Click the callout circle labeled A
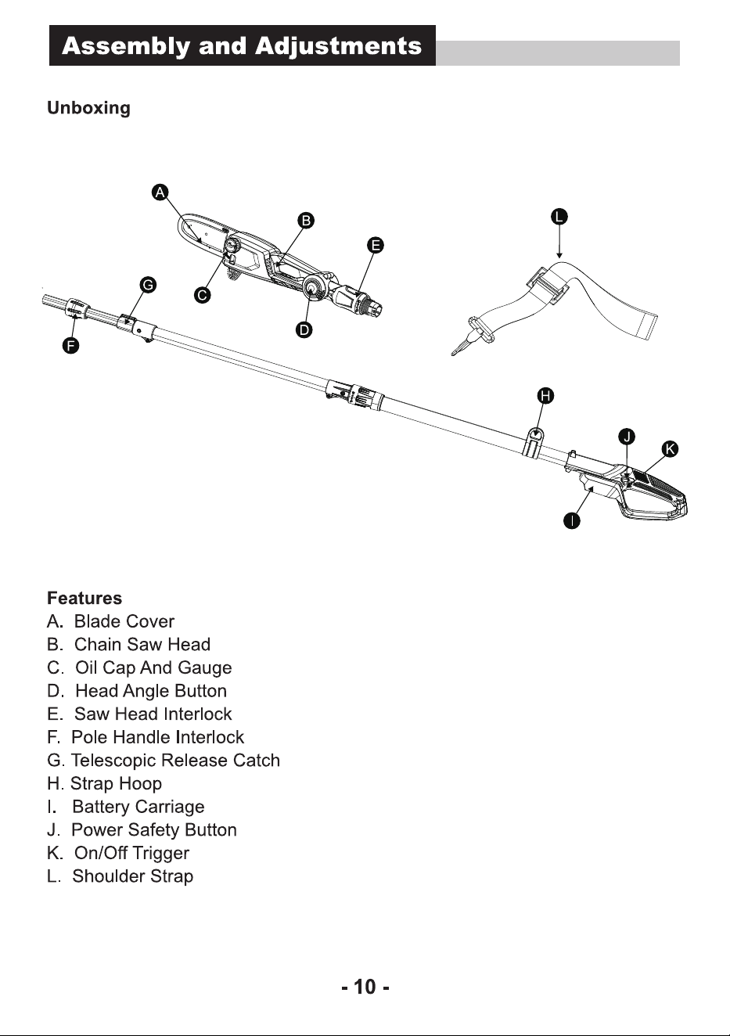(x=160, y=192)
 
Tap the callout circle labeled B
(x=306, y=220)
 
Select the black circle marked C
(x=202, y=295)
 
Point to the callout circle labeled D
(x=304, y=329)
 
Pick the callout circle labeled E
(x=376, y=245)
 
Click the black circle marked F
(x=70, y=346)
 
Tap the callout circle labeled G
(x=148, y=285)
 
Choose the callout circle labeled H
(x=546, y=396)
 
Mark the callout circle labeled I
(x=572, y=521)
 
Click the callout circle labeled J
(x=627, y=437)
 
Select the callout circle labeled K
(x=670, y=448)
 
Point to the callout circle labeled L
(x=559, y=217)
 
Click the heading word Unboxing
(x=89, y=108)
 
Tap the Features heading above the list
(x=85, y=598)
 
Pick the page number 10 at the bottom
(x=365, y=987)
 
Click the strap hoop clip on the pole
(x=534, y=441)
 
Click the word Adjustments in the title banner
(x=338, y=46)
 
